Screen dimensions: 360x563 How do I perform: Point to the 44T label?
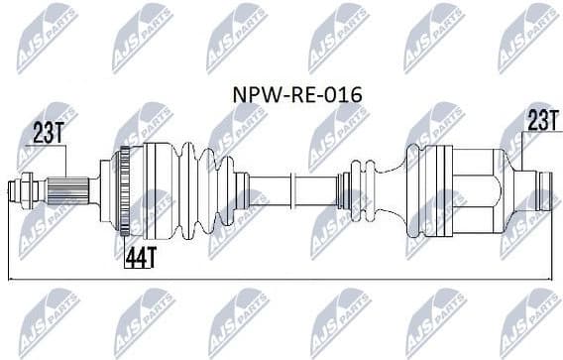[142, 257]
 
